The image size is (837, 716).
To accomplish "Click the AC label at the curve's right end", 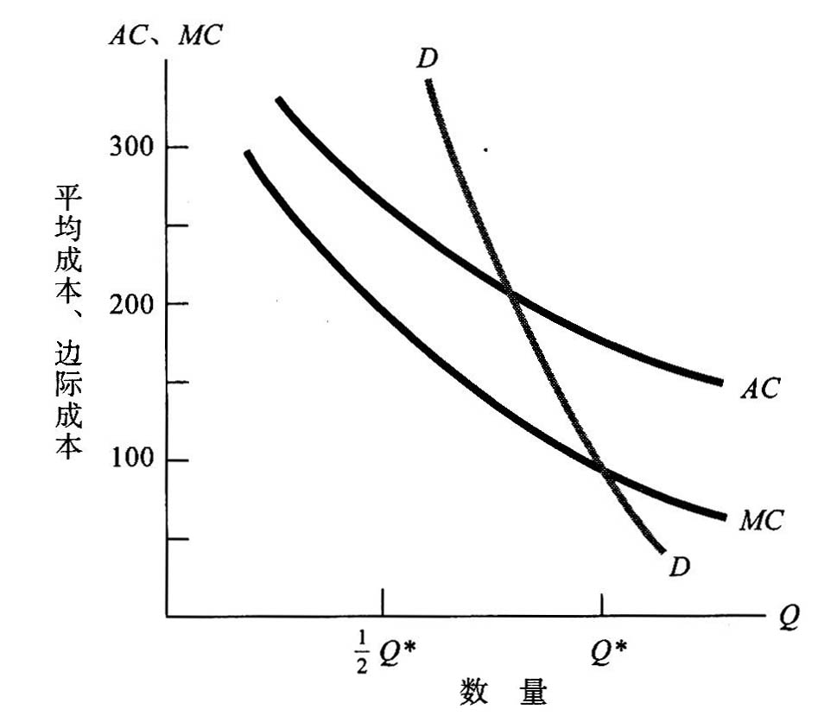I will click(x=759, y=389).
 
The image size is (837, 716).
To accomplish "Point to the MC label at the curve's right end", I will click(x=761, y=521).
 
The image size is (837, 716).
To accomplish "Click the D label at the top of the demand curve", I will click(x=426, y=59).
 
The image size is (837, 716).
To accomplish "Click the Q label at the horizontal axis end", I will click(x=788, y=619).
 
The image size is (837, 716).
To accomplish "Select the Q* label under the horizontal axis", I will click(x=609, y=654).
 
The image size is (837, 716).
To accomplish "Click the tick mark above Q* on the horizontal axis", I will click(x=603, y=602).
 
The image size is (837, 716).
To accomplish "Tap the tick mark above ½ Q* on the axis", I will click(x=382, y=602).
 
